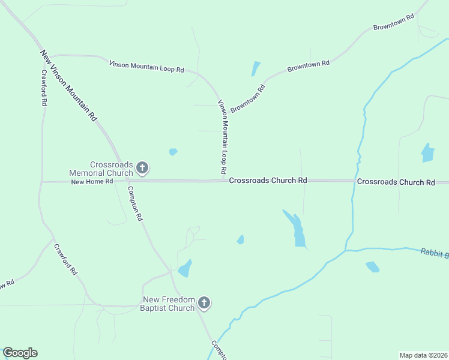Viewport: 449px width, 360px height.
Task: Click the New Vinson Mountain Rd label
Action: (68, 86)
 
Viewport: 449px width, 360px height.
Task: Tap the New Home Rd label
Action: (92, 182)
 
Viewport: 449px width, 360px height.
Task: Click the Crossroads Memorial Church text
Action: (111, 169)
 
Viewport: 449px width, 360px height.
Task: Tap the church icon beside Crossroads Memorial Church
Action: (142, 168)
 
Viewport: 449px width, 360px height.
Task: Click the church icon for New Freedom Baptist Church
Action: (204, 303)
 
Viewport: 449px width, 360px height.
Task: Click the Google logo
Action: (20, 353)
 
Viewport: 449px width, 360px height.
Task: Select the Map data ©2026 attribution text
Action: (423, 355)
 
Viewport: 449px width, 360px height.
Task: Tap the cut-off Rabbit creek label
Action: (434, 254)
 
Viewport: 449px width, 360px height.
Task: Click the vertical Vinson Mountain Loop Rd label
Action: (223, 137)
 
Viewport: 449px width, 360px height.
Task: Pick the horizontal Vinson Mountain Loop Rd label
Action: (146, 66)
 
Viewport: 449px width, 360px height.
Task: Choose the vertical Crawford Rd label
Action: (44, 88)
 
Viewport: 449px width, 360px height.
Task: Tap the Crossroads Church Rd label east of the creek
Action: (396, 182)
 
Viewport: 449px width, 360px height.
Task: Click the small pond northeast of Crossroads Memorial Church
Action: (173, 152)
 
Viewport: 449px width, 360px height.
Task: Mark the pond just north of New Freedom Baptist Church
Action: (185, 268)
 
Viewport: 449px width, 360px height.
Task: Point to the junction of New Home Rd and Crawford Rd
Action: (41, 182)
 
